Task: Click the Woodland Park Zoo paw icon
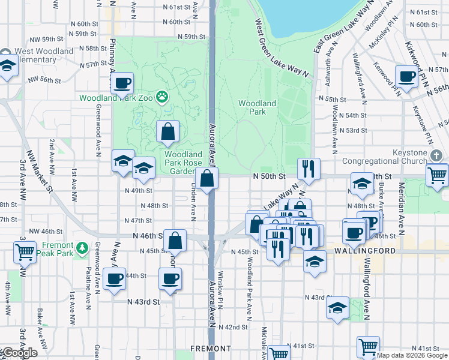pos(161,97)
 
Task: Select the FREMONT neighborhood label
pos(211,348)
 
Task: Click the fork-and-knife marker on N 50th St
pos(309,169)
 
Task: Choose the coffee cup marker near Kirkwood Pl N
pos(406,77)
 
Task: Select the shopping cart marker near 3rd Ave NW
pos(25,252)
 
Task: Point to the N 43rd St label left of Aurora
pos(144,302)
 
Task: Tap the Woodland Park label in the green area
pos(257,107)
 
